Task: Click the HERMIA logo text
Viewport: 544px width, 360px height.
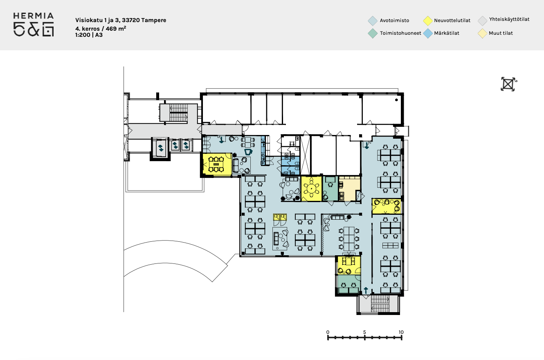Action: pos(34,16)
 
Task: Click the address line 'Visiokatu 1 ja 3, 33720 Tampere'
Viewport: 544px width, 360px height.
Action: pos(121,20)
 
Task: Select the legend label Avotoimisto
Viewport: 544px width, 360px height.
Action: pos(394,20)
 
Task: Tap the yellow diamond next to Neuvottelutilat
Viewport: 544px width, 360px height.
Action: pos(428,20)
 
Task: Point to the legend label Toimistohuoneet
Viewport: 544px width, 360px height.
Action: pos(400,33)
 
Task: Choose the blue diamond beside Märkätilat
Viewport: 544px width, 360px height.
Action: pos(428,34)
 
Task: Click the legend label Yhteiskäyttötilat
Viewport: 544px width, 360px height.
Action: pos(509,20)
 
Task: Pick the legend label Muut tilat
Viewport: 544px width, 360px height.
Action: pos(501,33)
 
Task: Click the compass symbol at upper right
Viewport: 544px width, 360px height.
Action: pos(508,84)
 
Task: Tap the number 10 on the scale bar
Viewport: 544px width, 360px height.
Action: pos(401,332)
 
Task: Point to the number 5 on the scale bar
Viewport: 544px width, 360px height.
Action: pos(364,332)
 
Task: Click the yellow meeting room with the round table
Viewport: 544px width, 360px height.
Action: pos(311,189)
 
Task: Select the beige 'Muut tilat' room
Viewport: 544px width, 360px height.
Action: pos(349,189)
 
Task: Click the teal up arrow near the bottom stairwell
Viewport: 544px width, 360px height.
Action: pos(366,290)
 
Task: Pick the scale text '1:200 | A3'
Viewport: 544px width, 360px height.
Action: pos(89,35)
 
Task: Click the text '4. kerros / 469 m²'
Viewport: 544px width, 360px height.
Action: pos(101,28)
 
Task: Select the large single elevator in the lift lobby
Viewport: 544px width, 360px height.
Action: pos(160,147)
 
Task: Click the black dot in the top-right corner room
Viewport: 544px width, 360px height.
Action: pos(396,100)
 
